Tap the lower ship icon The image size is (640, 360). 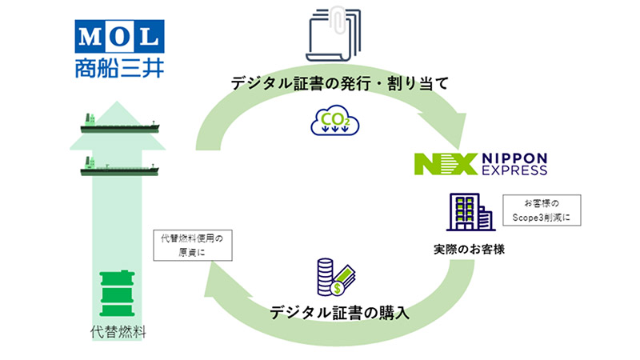(x=120, y=167)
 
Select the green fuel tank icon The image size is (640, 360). (x=118, y=294)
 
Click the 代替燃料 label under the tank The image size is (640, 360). (x=118, y=331)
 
